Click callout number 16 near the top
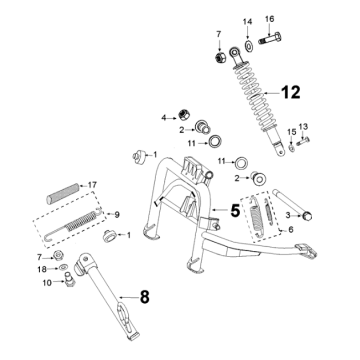point(269,20)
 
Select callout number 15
point(292,131)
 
